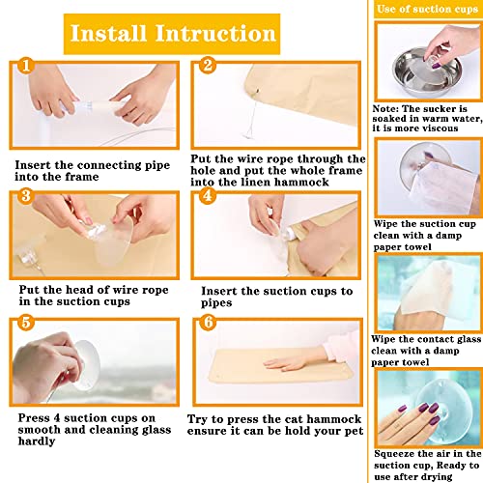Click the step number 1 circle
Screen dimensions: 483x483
tap(26, 66)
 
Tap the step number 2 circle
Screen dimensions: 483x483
tap(208, 65)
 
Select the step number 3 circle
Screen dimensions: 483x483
tap(26, 196)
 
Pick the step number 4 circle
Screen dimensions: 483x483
tap(208, 195)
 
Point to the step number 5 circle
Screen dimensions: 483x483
tap(26, 323)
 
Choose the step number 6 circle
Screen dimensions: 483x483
tap(209, 322)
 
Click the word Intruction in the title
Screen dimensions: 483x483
tap(215, 33)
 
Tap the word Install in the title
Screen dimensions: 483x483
tap(108, 33)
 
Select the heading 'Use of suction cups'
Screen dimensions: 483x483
tap(427, 9)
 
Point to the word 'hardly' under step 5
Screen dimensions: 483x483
tap(37, 441)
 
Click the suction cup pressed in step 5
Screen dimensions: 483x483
tap(86, 365)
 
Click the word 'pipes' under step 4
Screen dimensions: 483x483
tap(216, 303)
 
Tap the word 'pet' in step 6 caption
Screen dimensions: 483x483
tap(354, 432)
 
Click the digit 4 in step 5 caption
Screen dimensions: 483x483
tap(57, 418)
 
